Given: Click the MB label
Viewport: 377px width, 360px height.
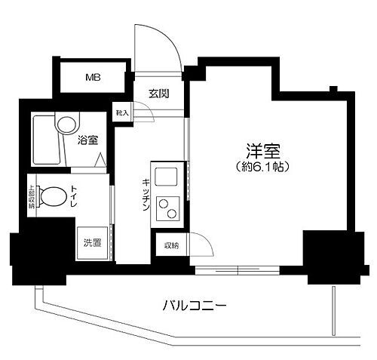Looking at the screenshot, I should (x=92, y=77).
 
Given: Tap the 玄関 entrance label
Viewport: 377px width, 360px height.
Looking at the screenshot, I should (x=158, y=94).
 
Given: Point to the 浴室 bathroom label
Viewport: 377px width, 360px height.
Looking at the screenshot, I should (x=87, y=139).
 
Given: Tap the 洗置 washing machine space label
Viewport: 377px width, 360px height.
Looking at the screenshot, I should (x=91, y=243).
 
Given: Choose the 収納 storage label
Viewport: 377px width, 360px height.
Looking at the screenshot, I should (x=171, y=246).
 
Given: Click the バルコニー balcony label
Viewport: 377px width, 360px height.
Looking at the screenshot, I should (x=194, y=306).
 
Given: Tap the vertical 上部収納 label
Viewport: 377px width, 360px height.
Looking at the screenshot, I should (x=32, y=197).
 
